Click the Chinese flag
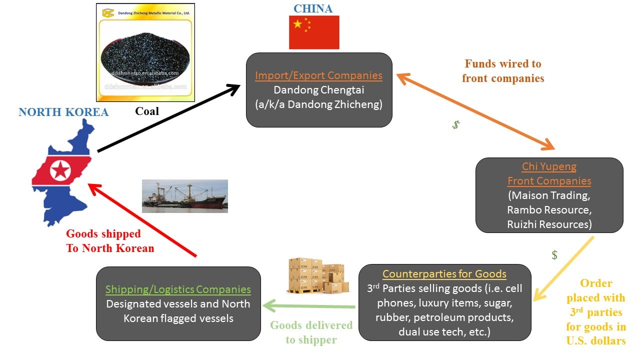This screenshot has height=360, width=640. (x=314, y=32)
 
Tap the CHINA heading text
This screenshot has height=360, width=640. (x=313, y=8)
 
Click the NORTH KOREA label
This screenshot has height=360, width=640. (x=63, y=112)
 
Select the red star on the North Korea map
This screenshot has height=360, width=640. (x=60, y=171)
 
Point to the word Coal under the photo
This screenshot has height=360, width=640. (x=147, y=111)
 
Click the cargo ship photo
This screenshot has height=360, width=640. (x=184, y=196)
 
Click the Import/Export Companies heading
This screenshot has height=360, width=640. (x=318, y=76)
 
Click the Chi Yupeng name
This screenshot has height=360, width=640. (x=549, y=166)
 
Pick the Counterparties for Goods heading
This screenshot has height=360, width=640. (x=444, y=274)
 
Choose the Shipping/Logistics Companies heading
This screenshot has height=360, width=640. (x=178, y=289)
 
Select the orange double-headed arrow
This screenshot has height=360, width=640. (x=475, y=111)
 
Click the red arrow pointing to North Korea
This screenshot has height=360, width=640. (x=142, y=220)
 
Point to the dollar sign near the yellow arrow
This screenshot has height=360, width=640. (x=554, y=255)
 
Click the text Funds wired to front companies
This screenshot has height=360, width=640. (x=503, y=71)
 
